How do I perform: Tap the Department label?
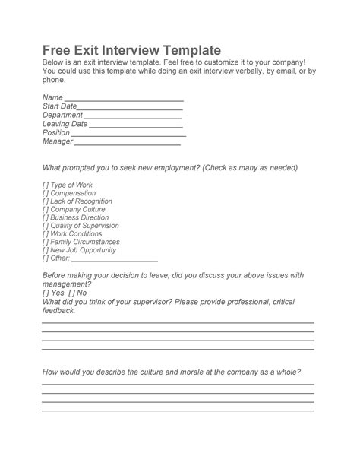tap(62, 115)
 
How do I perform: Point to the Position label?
tap(56, 132)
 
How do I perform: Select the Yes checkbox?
tap(46, 293)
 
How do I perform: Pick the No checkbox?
tap(71, 293)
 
